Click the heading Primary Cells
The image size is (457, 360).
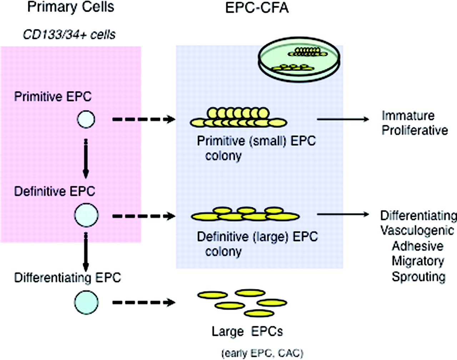[71, 7]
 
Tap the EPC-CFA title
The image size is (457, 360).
[257, 8]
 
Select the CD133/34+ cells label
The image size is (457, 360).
[69, 35]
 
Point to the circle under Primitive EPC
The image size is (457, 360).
[86, 119]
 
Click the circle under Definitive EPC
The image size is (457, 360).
[86, 215]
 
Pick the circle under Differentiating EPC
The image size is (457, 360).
[86, 303]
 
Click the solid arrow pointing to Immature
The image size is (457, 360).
[343, 119]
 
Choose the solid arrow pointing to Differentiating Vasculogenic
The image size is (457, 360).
[343, 214]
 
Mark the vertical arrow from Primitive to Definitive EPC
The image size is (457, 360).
[86, 159]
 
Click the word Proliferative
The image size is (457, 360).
[415, 130]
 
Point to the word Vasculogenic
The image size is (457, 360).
[417, 230]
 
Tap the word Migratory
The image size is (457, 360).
[418, 261]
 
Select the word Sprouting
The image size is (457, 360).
[418, 277]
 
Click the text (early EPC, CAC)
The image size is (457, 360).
[262, 353]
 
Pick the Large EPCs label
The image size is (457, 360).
[247, 331]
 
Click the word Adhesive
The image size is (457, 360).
[417, 246]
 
